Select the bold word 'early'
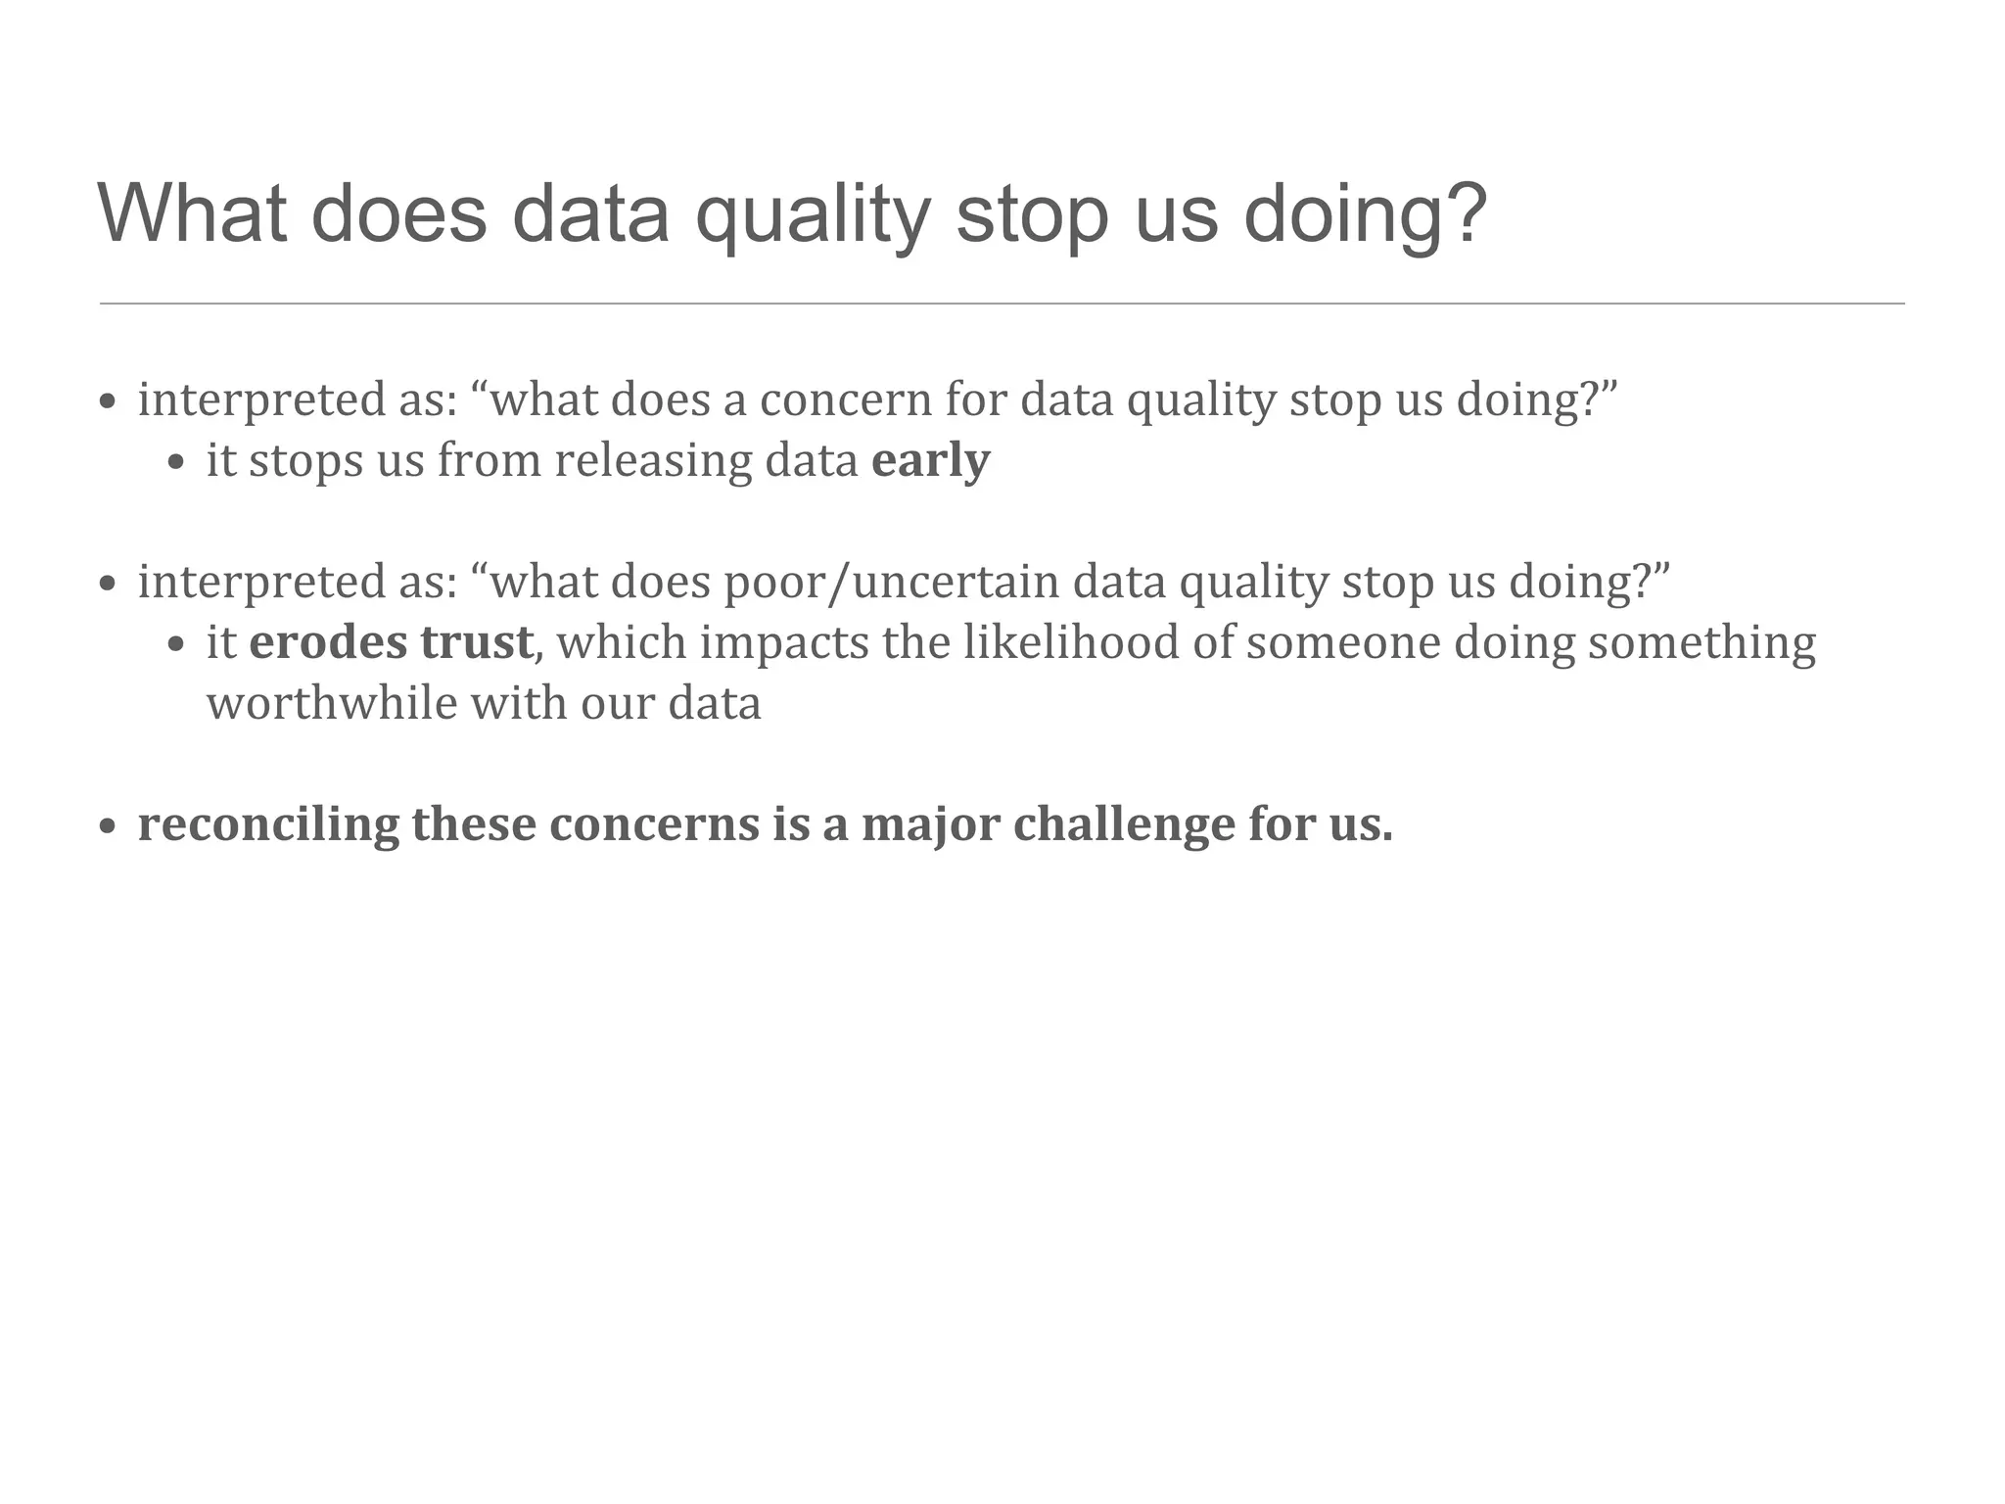pos(930,460)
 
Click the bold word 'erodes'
pos(328,642)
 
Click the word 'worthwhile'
pos(332,703)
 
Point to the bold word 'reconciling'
pos(268,824)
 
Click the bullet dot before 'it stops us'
pos(176,463)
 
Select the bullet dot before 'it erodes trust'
pos(176,645)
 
